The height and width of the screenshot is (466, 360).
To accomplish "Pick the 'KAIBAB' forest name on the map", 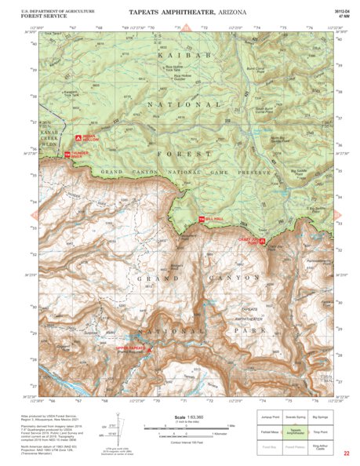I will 183,56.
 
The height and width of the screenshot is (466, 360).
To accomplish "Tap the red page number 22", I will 346,453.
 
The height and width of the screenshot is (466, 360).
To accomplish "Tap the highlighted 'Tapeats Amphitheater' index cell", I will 294,432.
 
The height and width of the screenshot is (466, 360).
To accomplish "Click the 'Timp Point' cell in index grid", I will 319,432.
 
